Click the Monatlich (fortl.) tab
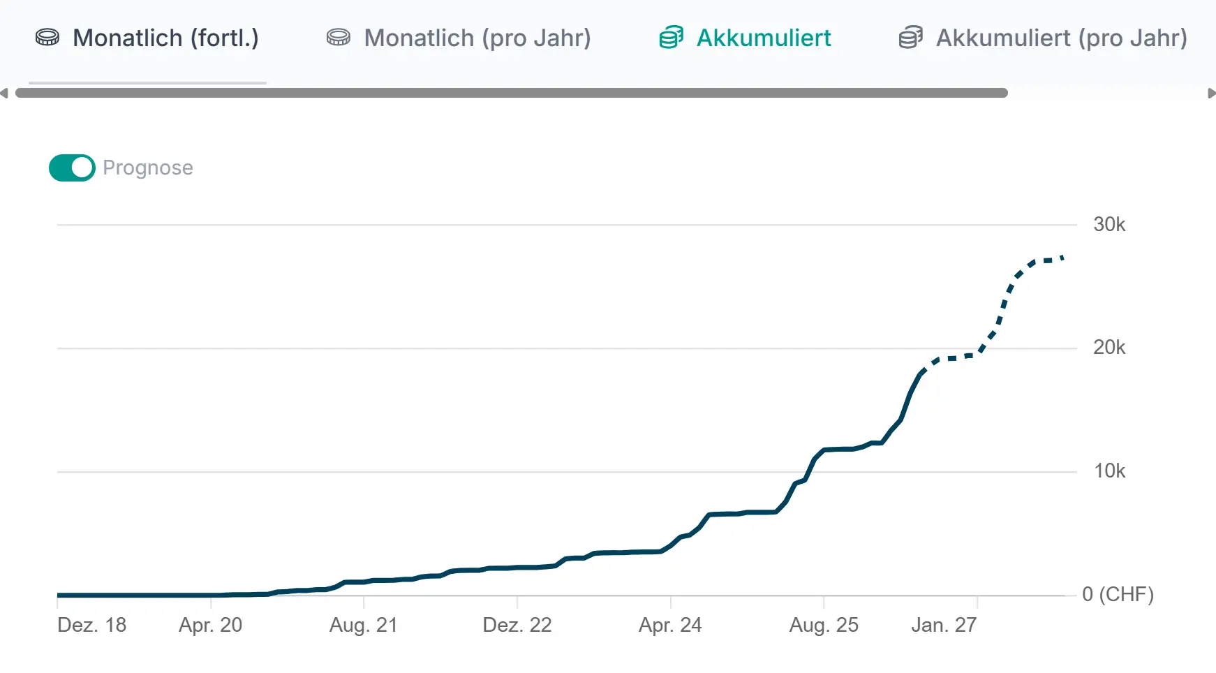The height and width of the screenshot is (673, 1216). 147,38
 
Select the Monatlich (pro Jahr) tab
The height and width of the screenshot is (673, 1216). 459,38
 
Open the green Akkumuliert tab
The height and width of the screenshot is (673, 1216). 745,38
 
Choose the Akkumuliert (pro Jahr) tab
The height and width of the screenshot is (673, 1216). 1043,38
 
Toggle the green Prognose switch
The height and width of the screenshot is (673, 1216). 72,168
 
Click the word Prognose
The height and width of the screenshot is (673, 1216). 148,168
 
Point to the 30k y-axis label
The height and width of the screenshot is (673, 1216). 1109,225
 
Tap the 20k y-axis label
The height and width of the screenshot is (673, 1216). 1109,348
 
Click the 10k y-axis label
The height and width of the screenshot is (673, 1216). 1109,471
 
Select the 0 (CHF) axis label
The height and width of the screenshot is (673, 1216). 1118,594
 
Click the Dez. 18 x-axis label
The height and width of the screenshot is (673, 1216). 92,625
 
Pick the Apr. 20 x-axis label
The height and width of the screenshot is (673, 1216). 210,625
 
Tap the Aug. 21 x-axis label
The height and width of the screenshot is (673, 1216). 364,625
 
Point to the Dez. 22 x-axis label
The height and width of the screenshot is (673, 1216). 517,625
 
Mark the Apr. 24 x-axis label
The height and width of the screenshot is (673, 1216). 670,625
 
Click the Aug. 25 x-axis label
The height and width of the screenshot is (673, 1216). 824,625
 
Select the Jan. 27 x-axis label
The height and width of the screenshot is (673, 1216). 944,625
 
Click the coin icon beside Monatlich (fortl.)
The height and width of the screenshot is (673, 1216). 47,38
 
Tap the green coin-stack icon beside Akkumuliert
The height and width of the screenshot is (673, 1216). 672,38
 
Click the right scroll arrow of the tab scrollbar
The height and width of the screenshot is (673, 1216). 1211,94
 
